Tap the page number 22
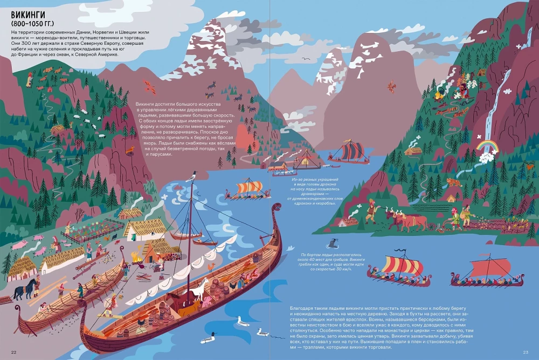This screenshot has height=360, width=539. tap(14, 352)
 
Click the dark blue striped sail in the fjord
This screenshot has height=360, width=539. tap(354, 150)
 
